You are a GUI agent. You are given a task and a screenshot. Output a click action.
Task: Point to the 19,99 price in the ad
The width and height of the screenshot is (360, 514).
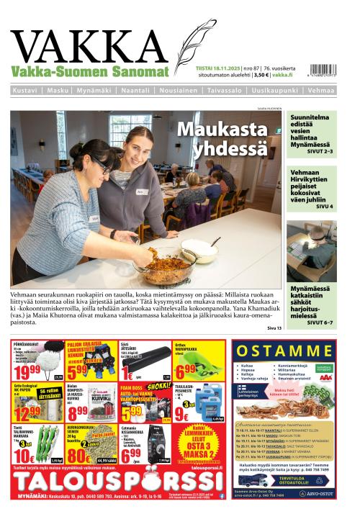[x=27, y=371]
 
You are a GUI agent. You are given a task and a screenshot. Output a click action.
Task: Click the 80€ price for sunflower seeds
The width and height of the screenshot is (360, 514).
[x=78, y=457]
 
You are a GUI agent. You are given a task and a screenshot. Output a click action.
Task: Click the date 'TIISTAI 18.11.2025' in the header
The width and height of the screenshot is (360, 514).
[x=218, y=68]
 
